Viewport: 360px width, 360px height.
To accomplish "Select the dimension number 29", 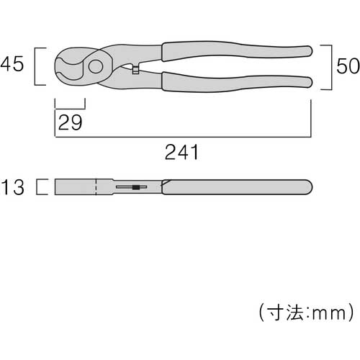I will pyautogui.click(x=70, y=122).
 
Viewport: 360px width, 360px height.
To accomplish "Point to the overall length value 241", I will pyautogui.click(x=182, y=153).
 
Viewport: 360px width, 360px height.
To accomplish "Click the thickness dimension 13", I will pyautogui.click(x=14, y=188).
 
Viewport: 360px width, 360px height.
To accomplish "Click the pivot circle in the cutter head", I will pyautogui.click(x=94, y=67).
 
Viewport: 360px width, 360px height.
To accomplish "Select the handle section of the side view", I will pyautogui.click(x=238, y=188).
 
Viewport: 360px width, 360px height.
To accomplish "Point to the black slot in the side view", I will pyautogui.click(x=135, y=189).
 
